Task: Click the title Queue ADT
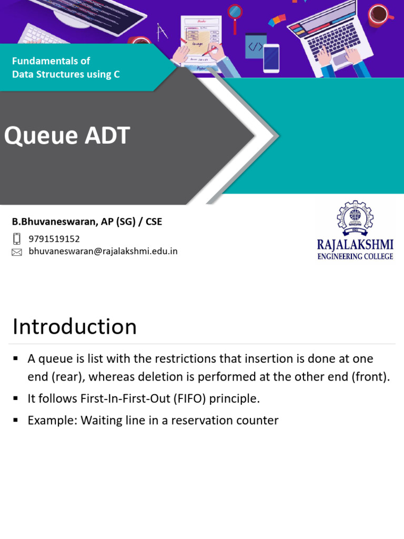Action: (67, 136)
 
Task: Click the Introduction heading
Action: (75, 326)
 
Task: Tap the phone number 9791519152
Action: (54, 239)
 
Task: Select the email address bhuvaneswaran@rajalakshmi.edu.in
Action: (103, 252)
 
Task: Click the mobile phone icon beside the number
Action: (17, 239)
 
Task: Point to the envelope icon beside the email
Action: (17, 252)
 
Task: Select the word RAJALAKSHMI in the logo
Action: (355, 245)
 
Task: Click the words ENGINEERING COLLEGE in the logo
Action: (355, 256)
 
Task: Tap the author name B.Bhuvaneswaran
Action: (54, 222)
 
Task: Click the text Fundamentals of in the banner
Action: (51, 61)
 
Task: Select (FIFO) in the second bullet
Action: (192, 398)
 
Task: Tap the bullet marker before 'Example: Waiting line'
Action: (16, 420)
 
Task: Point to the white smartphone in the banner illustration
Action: (271, 57)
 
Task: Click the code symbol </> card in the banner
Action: (256, 46)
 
